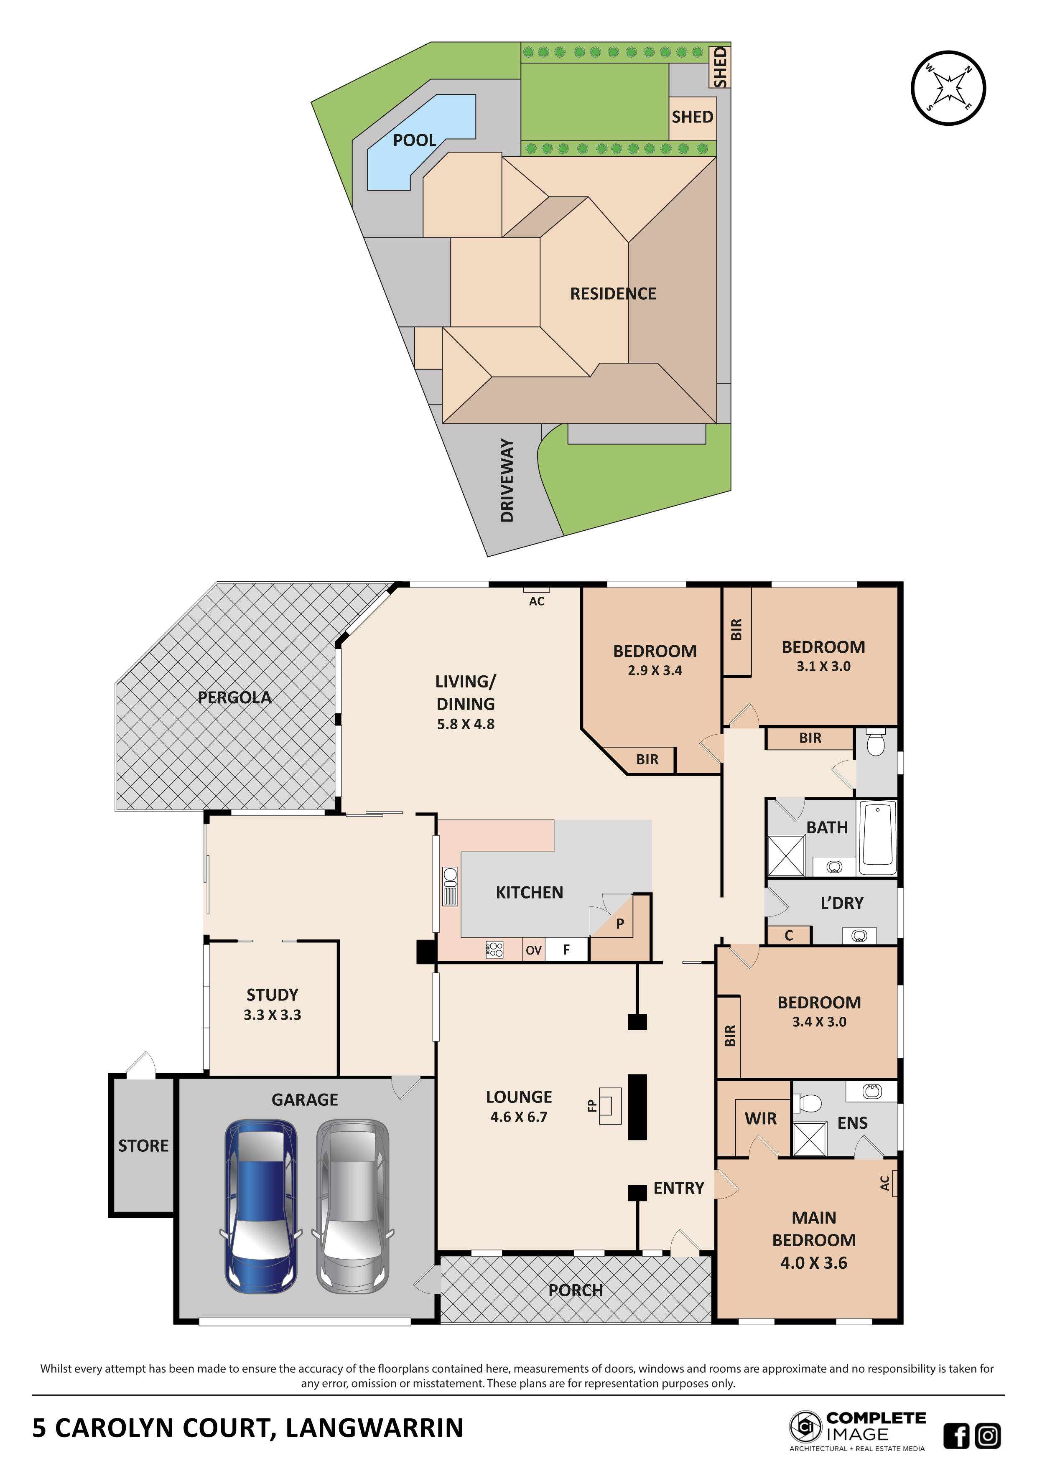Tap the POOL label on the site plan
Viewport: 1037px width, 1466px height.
point(414,140)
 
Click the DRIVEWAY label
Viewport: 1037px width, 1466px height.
point(507,480)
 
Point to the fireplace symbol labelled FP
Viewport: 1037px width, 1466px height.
point(610,1105)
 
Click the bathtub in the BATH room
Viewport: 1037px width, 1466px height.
point(878,838)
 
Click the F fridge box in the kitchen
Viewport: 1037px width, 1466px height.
point(566,950)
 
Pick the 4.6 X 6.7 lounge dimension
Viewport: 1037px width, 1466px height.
point(518,1117)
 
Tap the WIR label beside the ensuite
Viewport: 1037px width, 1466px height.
point(761,1119)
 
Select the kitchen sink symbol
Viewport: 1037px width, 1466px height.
point(450,886)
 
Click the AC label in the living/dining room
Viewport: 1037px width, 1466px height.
point(536,601)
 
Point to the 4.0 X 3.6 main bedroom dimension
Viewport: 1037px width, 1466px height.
point(813,1263)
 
